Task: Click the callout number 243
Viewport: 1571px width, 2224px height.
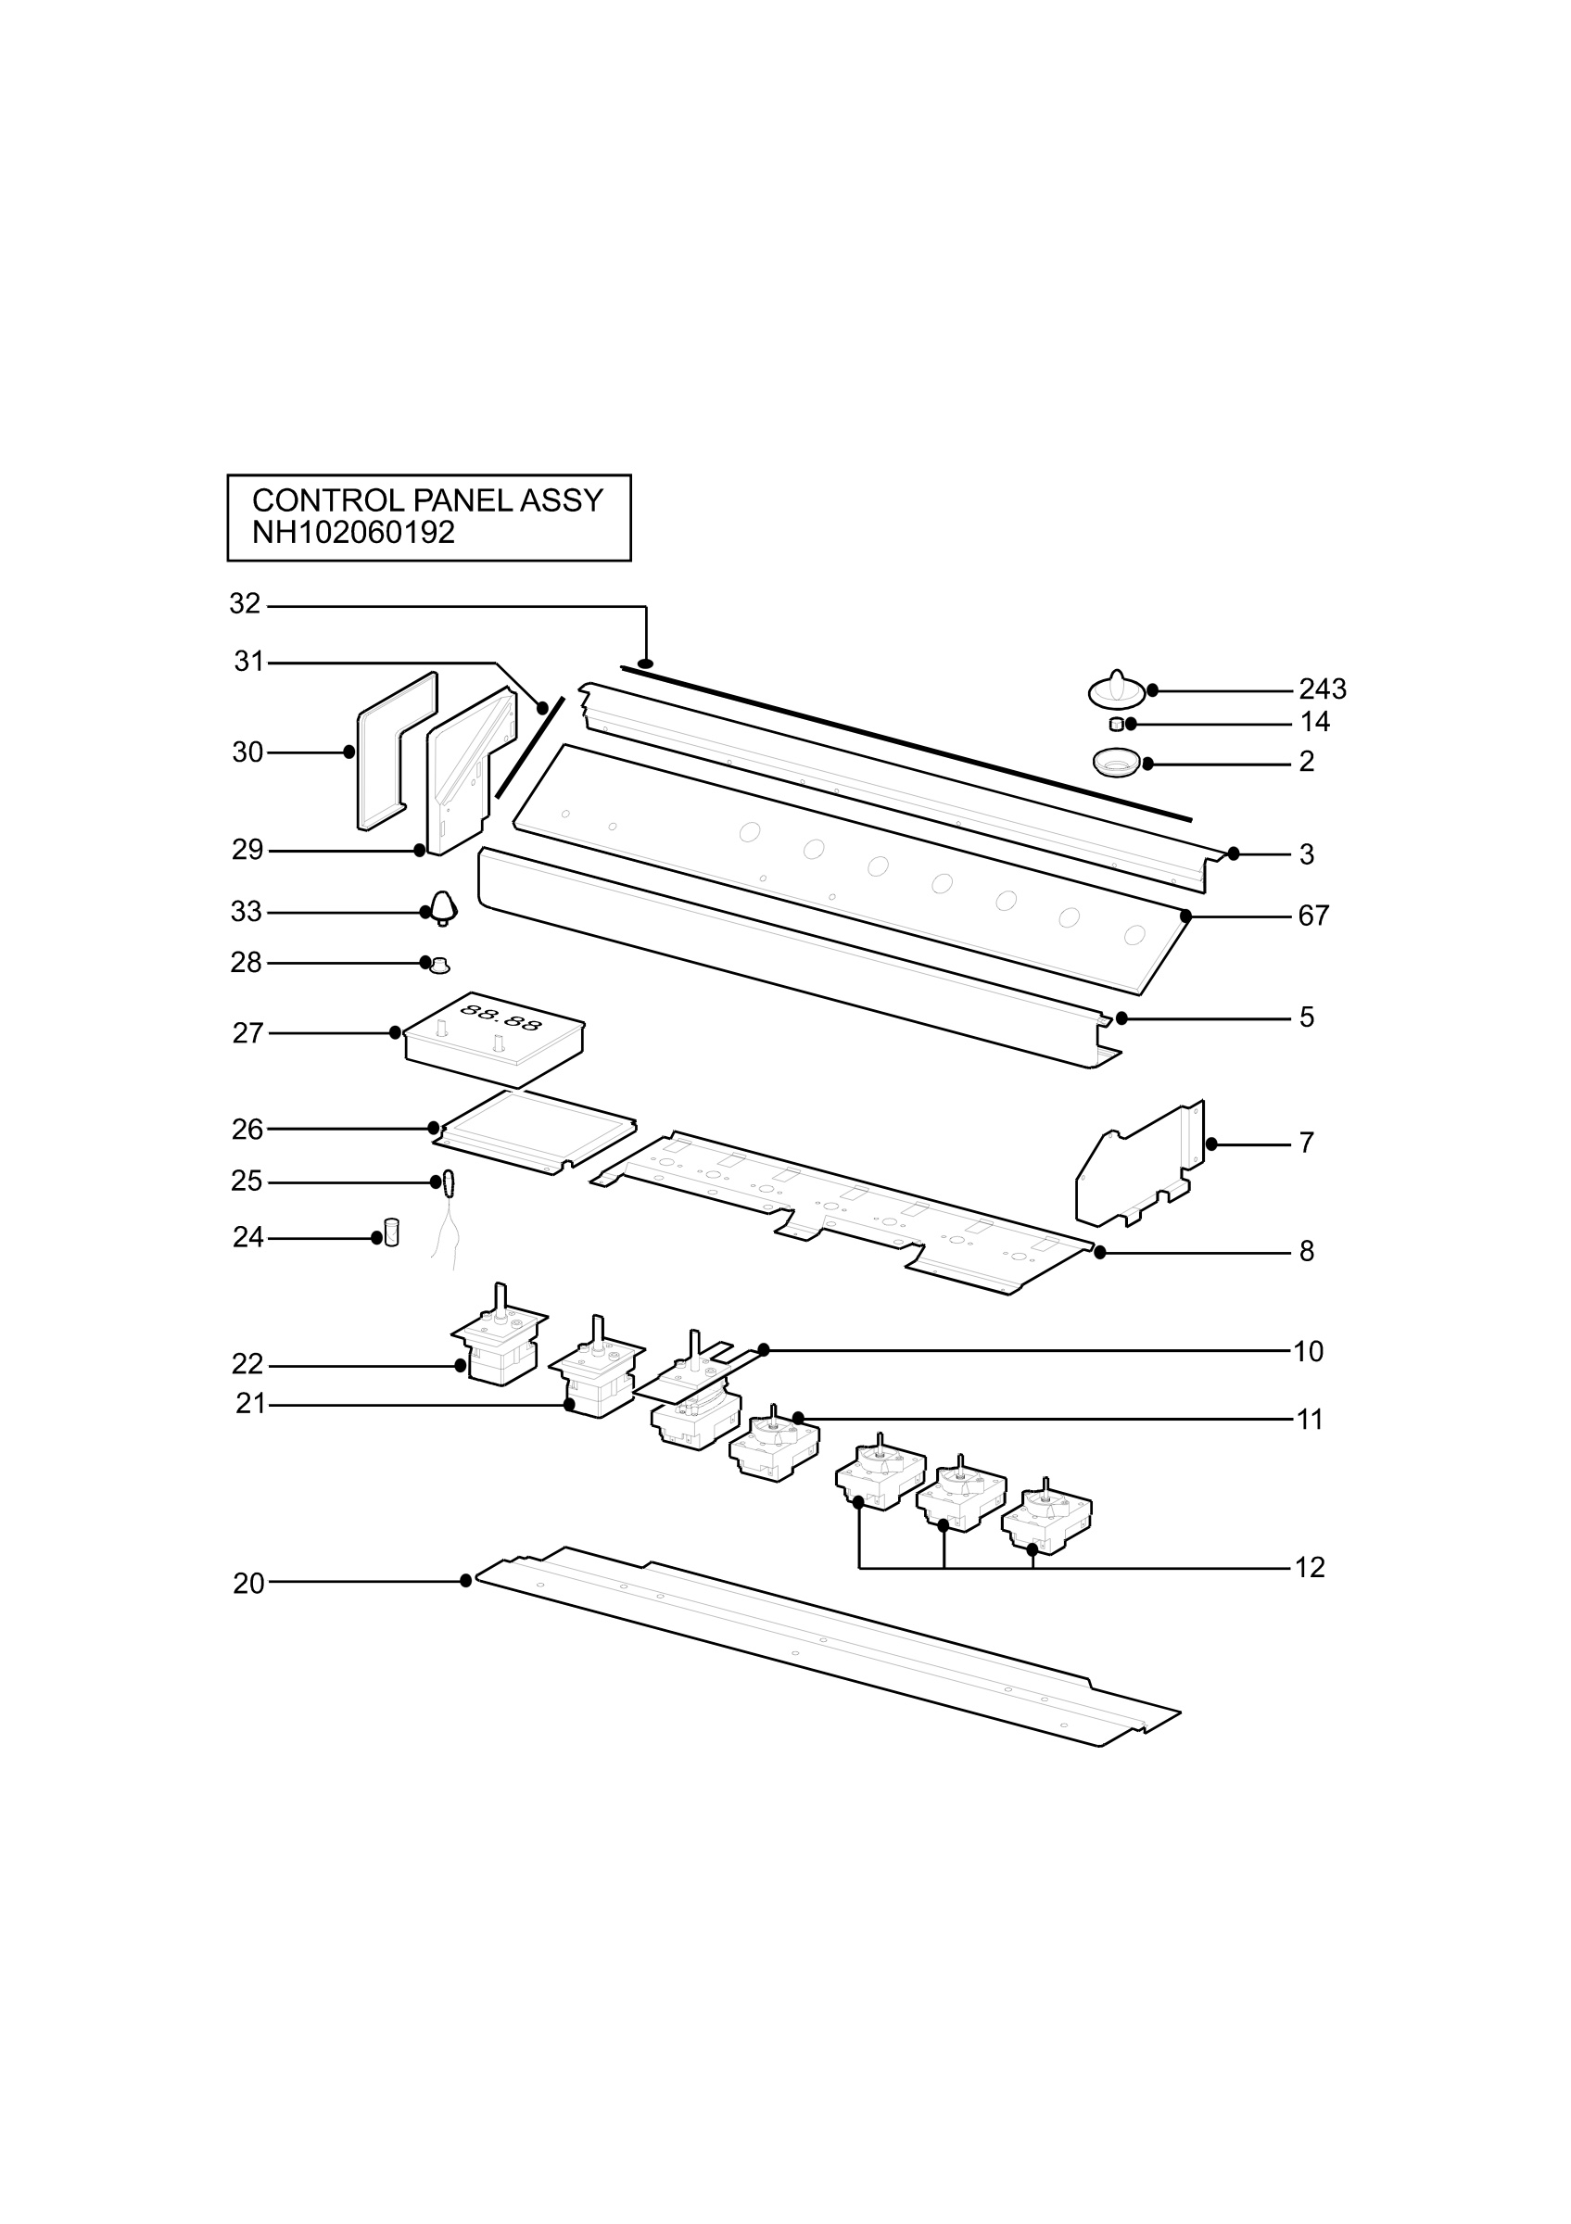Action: click(x=1322, y=689)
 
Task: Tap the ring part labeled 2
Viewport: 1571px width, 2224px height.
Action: click(x=1118, y=763)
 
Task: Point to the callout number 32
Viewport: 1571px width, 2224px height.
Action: click(x=245, y=603)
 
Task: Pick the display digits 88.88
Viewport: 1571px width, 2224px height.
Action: click(x=500, y=1017)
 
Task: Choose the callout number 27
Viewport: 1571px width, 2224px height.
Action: click(x=248, y=1032)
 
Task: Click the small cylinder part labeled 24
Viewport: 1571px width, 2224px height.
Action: click(x=391, y=1232)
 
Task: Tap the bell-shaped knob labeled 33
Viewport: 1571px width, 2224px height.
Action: click(x=444, y=907)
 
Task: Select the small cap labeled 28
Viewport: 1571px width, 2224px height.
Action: click(x=438, y=964)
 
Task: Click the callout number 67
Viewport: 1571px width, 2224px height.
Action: click(x=1313, y=916)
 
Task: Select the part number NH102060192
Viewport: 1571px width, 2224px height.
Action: click(x=352, y=533)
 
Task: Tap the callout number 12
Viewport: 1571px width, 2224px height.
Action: click(x=1310, y=1567)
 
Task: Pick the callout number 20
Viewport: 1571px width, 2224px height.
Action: click(x=248, y=1583)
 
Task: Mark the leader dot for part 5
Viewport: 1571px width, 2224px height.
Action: click(x=1121, y=1018)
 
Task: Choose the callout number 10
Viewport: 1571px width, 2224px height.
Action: click(x=1309, y=1351)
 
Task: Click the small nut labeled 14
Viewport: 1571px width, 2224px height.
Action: click(x=1116, y=725)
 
